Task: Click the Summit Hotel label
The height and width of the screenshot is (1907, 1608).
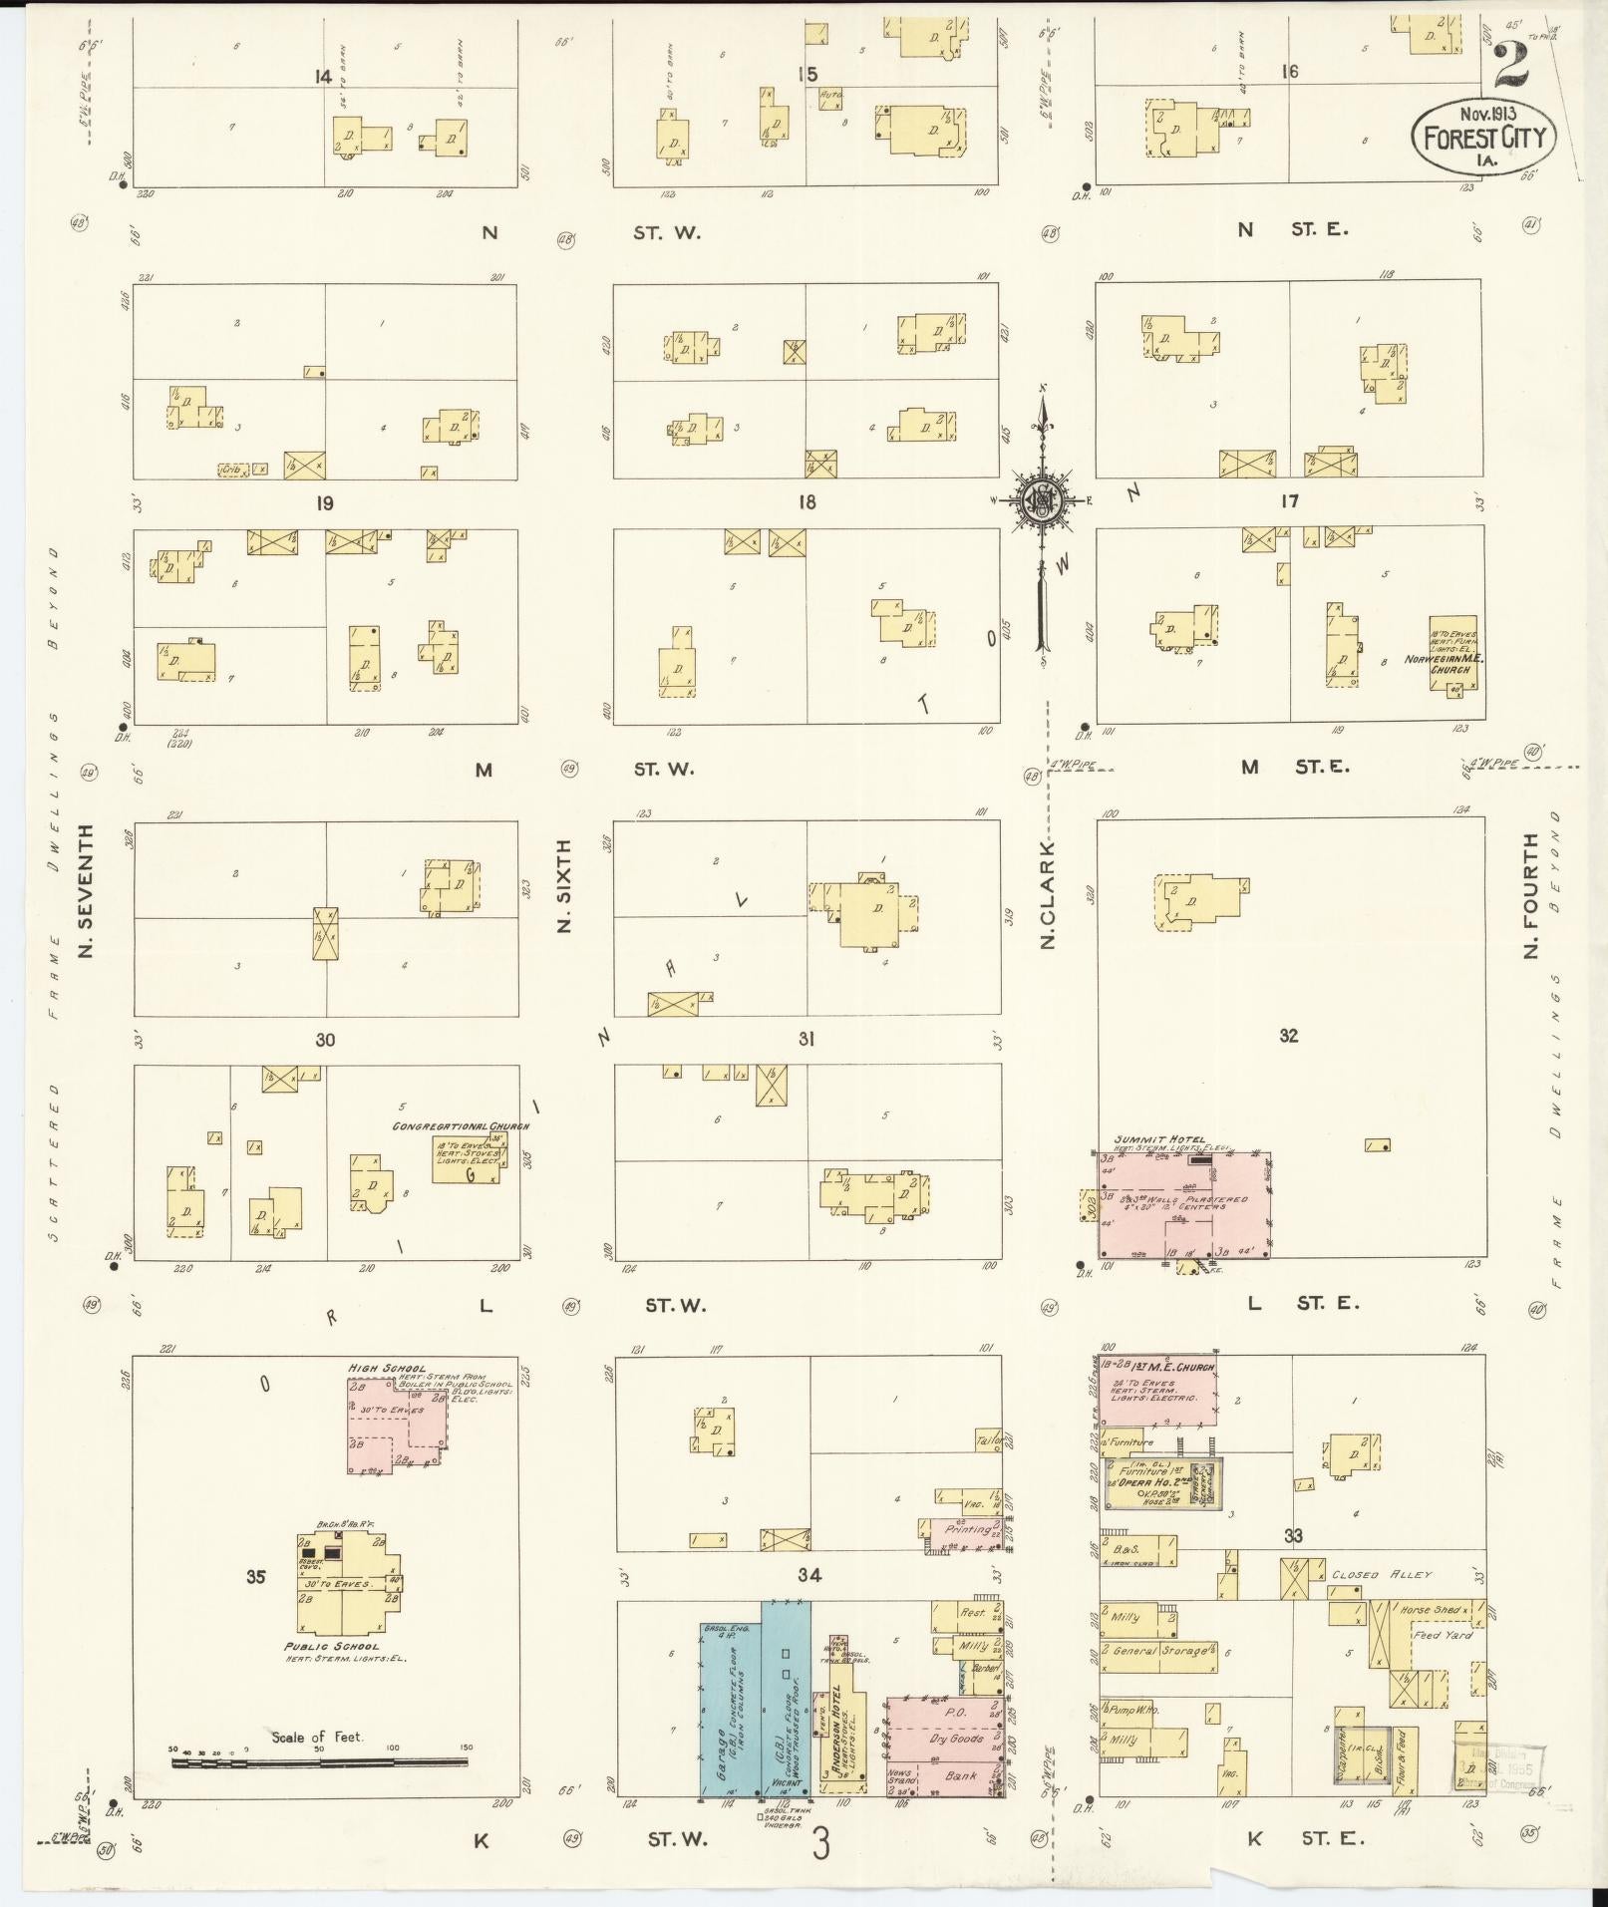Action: pos(1158,1139)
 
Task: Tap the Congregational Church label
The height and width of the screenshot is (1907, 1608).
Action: pos(461,1126)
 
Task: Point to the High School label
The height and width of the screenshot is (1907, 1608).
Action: pos(374,1369)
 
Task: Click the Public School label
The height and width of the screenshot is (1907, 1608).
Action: pos(332,1646)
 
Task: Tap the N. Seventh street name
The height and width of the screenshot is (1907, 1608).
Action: pos(86,890)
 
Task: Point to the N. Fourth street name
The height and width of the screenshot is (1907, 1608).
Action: pos(1531,894)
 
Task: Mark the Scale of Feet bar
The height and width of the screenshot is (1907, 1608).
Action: pos(319,1761)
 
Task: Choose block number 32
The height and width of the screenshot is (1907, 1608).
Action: pos(1289,1036)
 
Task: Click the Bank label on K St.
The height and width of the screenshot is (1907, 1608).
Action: pos(961,1776)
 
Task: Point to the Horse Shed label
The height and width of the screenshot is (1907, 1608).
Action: pos(1431,1610)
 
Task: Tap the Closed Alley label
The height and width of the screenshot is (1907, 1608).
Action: pos(1382,1575)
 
